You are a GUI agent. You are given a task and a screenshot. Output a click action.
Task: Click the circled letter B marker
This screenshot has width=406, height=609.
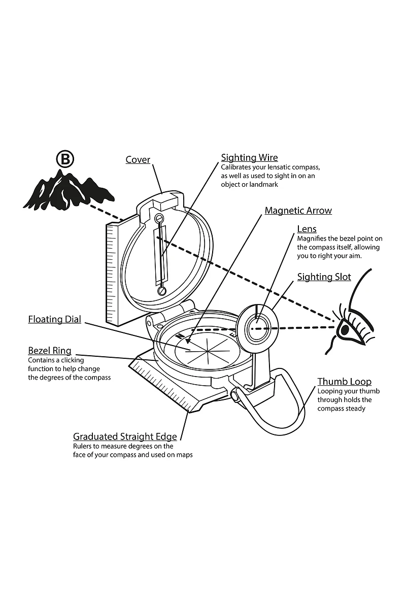click(65, 159)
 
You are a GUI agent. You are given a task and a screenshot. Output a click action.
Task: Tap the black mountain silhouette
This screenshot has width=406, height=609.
click(66, 193)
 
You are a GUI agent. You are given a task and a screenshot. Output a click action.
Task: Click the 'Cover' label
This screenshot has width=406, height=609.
click(138, 160)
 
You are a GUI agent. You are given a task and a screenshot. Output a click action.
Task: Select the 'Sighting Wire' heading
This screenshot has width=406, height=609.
click(249, 158)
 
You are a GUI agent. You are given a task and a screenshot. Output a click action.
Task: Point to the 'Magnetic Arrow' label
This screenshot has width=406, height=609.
click(298, 211)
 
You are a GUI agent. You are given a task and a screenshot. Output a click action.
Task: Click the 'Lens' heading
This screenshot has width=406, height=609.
click(307, 229)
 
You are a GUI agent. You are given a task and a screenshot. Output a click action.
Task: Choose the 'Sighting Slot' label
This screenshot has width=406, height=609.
click(324, 277)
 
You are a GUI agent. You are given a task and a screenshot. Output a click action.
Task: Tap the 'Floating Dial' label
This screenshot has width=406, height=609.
click(54, 320)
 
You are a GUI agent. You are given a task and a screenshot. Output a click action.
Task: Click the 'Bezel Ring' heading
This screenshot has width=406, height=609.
click(49, 351)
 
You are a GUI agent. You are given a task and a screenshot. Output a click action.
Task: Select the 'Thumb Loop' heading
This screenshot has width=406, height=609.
click(344, 382)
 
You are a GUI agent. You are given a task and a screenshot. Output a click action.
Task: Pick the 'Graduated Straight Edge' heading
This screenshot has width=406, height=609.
click(125, 436)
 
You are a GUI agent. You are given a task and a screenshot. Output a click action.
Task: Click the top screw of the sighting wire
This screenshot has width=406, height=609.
click(159, 219)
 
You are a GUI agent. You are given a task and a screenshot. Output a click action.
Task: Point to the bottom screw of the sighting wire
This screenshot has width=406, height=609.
click(162, 291)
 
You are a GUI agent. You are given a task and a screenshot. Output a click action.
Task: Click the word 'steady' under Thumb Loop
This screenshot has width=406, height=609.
click(355, 409)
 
